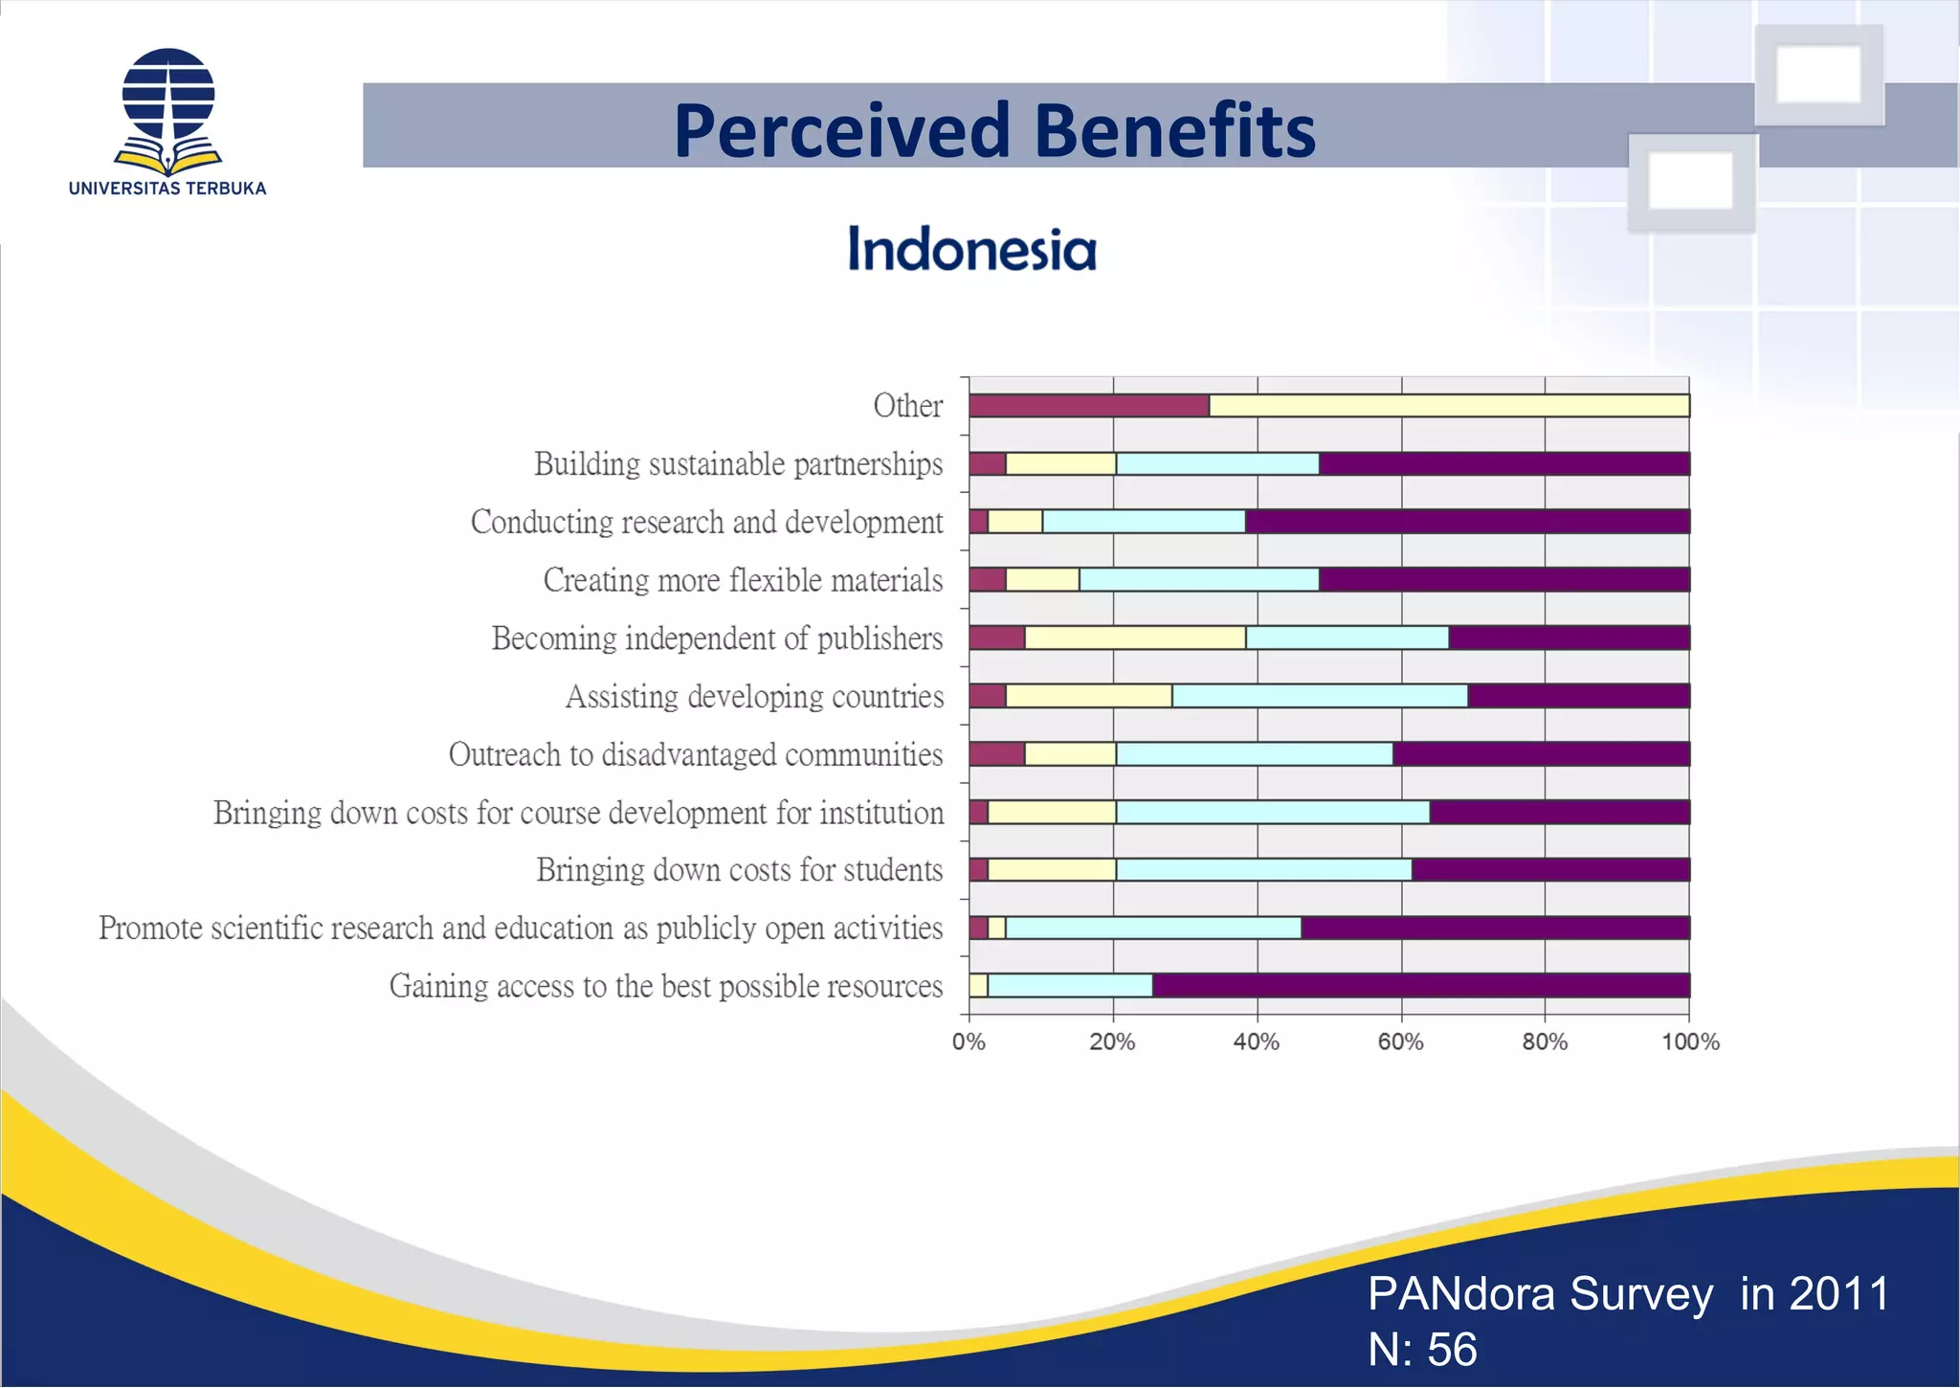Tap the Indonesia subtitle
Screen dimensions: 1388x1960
click(971, 250)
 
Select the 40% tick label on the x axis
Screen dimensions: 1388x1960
click(1256, 1042)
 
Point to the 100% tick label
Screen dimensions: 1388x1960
click(1690, 1042)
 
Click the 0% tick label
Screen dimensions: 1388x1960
click(969, 1042)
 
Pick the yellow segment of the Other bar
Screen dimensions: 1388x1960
click(1449, 406)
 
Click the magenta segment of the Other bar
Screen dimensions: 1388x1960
click(1089, 406)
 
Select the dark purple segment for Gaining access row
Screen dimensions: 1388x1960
click(1421, 986)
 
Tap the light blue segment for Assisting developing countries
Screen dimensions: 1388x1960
click(1320, 696)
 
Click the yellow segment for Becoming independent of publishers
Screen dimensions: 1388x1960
click(1135, 638)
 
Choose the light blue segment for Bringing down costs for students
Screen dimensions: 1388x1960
click(1263, 870)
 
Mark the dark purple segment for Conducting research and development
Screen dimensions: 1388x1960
click(1467, 522)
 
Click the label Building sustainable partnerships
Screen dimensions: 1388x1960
click(738, 464)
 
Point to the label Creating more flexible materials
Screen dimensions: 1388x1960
click(743, 580)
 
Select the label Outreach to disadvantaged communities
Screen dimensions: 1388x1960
click(696, 754)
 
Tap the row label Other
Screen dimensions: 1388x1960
click(907, 406)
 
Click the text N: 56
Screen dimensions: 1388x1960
click(1422, 1350)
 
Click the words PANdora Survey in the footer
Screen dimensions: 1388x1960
click(1540, 1294)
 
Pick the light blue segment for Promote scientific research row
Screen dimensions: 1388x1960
click(1153, 929)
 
